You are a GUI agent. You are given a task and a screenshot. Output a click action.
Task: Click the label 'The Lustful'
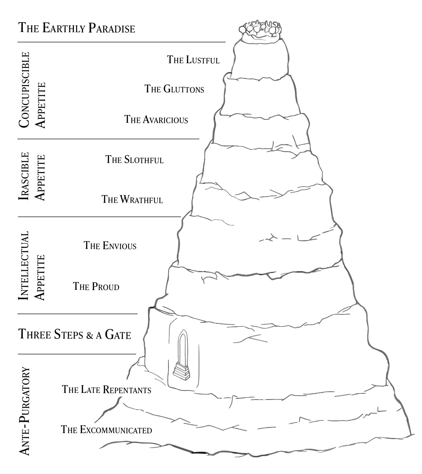193,60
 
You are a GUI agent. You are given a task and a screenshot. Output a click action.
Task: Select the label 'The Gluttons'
174,89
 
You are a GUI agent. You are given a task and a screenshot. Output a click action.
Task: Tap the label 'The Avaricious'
156,120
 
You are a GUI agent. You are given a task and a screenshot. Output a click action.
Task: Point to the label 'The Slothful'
135,160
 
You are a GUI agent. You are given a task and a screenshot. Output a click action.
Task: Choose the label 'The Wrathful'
132,200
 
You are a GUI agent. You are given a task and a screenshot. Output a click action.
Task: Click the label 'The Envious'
110,246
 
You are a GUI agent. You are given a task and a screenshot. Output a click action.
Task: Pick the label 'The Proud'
96,286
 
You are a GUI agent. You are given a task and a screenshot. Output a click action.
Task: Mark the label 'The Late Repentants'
107,390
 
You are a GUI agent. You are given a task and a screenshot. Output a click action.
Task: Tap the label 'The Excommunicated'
106,430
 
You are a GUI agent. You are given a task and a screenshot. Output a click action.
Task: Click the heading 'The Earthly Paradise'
77,28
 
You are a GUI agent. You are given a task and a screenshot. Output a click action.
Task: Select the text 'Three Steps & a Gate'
75,335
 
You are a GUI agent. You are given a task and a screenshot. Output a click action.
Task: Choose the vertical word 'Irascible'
24,177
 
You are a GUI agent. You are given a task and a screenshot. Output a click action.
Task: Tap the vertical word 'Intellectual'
24,266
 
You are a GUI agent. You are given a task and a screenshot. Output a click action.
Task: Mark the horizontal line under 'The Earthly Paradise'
121,42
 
